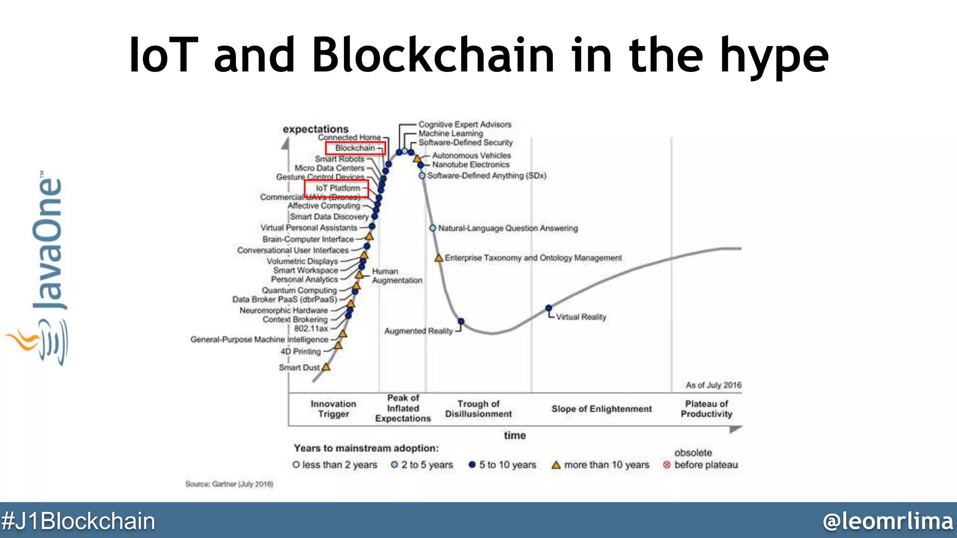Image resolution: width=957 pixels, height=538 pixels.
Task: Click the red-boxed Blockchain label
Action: pos(355,148)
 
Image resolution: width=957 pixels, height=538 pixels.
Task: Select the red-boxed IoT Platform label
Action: pos(337,188)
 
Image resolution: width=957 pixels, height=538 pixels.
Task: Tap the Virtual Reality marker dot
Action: pos(549,308)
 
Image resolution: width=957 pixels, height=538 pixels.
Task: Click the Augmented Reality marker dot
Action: pos(461,321)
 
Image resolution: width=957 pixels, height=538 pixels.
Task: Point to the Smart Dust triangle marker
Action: pos(326,367)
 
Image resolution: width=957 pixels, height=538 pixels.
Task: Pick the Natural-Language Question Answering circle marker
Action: pos(433,228)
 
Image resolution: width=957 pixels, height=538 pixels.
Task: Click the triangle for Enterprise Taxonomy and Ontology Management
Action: pos(439,258)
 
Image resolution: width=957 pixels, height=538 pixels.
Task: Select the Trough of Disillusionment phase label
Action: pos(478,409)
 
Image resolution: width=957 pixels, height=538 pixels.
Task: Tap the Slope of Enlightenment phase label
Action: pos(601,409)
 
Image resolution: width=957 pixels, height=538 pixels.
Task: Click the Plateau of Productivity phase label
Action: pos(706,409)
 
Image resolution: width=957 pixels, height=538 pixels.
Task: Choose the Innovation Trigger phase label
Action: pos(333,409)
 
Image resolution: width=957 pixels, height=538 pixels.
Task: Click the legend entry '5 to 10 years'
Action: pos(502,465)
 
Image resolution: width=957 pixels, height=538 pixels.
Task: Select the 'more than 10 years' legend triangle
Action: pos(556,465)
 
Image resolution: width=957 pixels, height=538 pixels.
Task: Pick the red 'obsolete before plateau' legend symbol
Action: pos(667,465)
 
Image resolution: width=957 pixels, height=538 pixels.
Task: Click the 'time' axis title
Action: pos(514,435)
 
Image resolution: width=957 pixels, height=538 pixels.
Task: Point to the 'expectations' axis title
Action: pos(315,129)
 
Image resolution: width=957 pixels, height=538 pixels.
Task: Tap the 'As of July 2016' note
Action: pos(713,385)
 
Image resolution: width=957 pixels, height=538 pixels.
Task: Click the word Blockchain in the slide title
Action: pos(433,55)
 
